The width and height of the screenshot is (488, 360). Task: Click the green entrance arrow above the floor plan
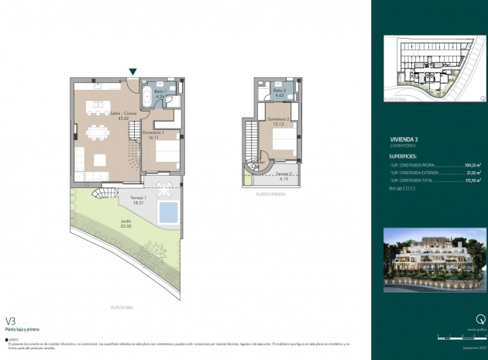(x=133, y=72)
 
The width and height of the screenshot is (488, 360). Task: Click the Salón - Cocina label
(x=119, y=116)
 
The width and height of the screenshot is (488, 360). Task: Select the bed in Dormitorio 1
(x=166, y=152)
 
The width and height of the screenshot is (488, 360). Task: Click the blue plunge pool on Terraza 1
(x=167, y=211)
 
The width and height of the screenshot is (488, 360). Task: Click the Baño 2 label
(x=280, y=92)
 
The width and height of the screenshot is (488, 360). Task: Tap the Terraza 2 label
(x=283, y=176)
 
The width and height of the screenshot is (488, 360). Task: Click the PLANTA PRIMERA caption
(x=270, y=194)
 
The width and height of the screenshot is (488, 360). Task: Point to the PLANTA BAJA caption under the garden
(x=134, y=307)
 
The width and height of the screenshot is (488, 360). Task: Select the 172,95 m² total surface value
(x=473, y=180)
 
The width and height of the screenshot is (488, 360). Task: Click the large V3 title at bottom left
(x=11, y=320)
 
